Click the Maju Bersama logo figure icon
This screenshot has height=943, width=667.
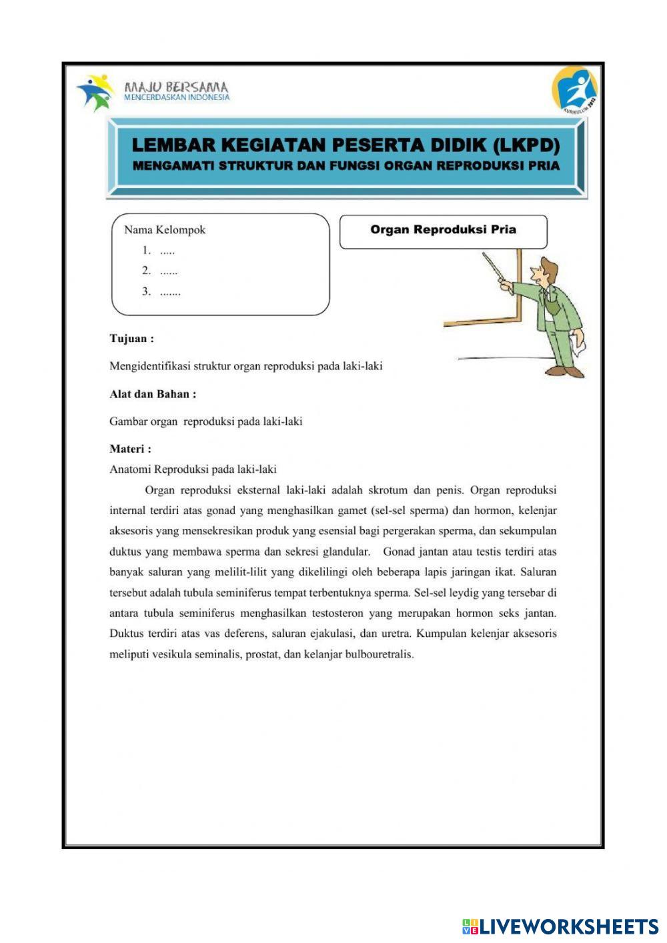95,91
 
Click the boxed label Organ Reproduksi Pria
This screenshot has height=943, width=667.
443,230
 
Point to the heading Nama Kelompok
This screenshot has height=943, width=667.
165,230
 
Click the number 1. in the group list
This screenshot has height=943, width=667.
146,251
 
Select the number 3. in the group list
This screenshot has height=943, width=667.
146,291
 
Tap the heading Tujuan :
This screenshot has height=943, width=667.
131,339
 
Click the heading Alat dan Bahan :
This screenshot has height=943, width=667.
153,394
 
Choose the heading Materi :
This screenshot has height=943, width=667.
130,449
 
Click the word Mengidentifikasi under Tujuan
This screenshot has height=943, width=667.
151,366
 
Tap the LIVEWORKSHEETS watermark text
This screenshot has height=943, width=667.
569,926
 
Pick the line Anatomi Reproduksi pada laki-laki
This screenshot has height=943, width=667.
193,469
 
